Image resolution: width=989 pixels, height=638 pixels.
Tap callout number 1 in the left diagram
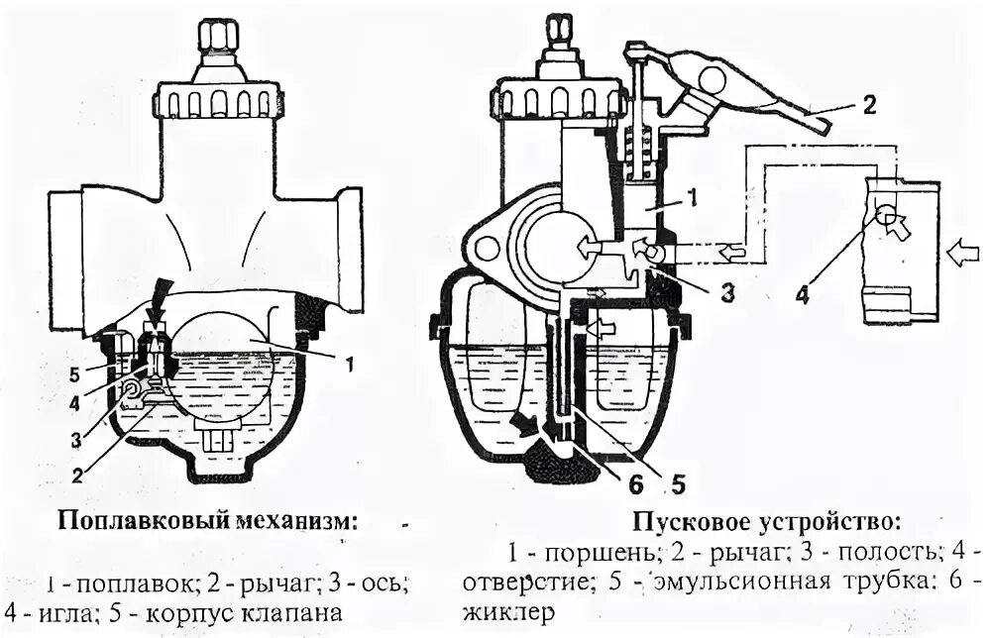(x=348, y=364)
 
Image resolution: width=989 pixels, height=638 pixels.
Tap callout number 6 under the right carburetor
(x=634, y=484)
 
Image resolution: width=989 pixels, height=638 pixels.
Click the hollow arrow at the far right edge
(x=961, y=254)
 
